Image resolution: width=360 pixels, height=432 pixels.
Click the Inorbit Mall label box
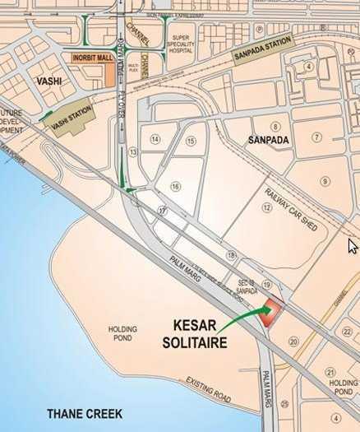click(91, 59)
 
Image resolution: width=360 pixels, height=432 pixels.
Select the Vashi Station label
click(72, 121)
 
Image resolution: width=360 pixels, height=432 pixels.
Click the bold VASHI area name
click(51, 81)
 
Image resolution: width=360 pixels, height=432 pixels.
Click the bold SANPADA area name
click(270, 140)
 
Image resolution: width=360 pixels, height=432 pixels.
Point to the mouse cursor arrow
click(353, 245)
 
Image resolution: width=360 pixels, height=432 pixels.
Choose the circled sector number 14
click(155, 140)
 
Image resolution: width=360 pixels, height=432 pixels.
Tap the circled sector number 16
click(175, 187)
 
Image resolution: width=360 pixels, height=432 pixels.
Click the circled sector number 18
click(231, 256)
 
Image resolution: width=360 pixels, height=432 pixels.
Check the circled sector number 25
click(284, 404)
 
